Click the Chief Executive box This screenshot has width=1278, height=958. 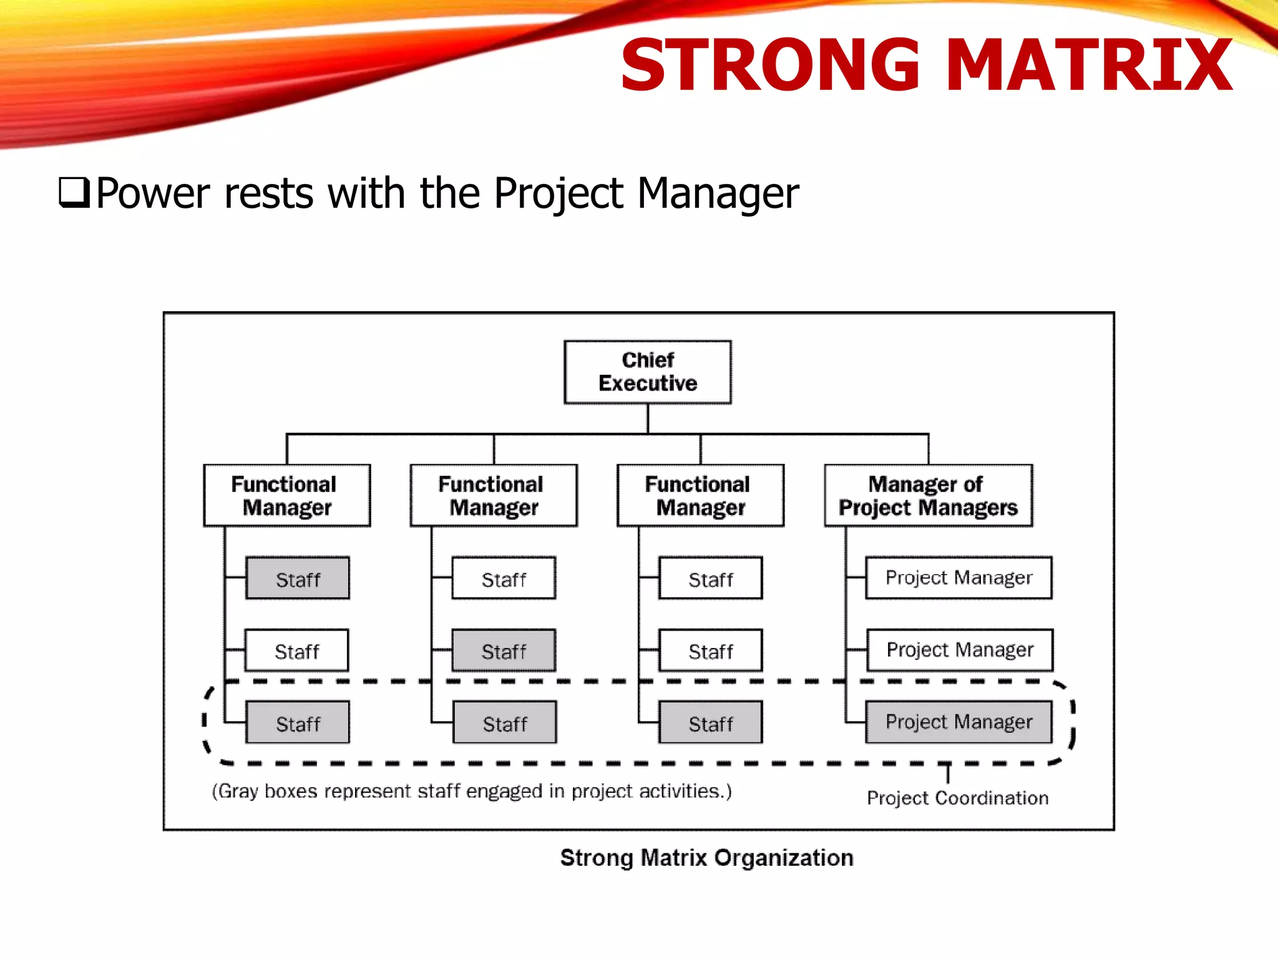(647, 372)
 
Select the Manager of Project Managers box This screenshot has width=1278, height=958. (928, 496)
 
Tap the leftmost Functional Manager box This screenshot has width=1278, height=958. (287, 496)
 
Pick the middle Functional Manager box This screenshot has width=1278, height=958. (494, 496)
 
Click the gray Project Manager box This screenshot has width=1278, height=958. (958, 722)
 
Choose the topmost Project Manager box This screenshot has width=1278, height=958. (958, 578)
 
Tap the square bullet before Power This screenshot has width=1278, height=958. (74, 193)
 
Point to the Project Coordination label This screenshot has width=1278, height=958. (957, 798)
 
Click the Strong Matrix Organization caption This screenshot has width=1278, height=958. (706, 858)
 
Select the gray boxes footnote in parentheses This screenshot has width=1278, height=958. (472, 791)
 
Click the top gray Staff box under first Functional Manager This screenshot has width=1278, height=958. (298, 578)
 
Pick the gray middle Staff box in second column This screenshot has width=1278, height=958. (504, 651)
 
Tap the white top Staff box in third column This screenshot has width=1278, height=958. (710, 578)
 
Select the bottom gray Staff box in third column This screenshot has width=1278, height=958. (710, 723)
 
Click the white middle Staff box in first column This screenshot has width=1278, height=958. (296, 651)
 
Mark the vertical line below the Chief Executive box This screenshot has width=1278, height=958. (648, 419)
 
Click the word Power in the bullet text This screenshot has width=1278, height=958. (153, 193)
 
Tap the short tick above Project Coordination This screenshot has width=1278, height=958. (948, 773)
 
